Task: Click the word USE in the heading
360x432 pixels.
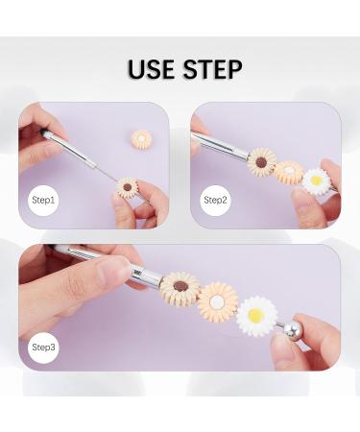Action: point(152,69)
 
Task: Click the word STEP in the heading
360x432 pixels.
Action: point(213,69)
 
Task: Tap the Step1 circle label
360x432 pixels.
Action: point(43,201)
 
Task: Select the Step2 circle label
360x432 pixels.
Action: point(215,201)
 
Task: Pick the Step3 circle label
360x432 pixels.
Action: point(43,348)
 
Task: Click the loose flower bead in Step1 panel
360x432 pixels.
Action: point(141,140)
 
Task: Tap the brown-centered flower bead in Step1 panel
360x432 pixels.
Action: point(127,188)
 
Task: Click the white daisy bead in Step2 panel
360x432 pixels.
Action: point(316,181)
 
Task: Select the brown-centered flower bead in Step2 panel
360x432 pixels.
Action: point(261,162)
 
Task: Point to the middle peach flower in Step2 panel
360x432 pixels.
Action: point(289,172)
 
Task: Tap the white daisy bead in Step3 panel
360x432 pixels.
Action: point(256,316)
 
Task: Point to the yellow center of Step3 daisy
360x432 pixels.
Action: point(255,316)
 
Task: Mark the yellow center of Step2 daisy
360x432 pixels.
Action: point(316,180)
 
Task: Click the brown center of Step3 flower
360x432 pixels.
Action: point(180,286)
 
